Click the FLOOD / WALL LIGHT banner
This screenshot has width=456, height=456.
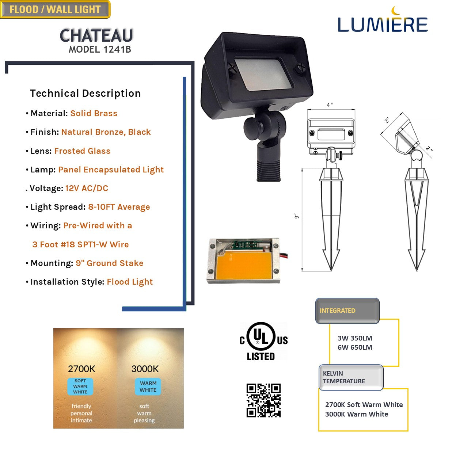coord(55,9)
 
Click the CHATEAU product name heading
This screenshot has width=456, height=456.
coord(96,35)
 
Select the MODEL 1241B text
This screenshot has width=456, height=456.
coord(100,49)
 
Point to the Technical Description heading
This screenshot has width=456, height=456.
coord(85,93)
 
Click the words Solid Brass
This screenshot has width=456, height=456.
coord(94,113)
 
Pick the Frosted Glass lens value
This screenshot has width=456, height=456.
coord(82,151)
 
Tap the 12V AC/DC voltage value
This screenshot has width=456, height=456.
coord(87,189)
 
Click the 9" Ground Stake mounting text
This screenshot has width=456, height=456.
coord(109,263)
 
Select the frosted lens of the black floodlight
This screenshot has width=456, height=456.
coord(263,74)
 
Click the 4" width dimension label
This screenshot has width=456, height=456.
coord(330,105)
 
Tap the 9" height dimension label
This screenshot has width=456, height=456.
coord(296,216)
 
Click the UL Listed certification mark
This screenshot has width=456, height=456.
coord(263,341)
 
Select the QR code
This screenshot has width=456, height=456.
coord(263,400)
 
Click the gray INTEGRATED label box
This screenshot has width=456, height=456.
coord(347,311)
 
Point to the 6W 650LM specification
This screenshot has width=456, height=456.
coord(355,347)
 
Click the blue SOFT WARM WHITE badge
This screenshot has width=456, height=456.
coord(80,387)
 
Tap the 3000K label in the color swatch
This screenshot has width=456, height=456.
coord(145,369)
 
